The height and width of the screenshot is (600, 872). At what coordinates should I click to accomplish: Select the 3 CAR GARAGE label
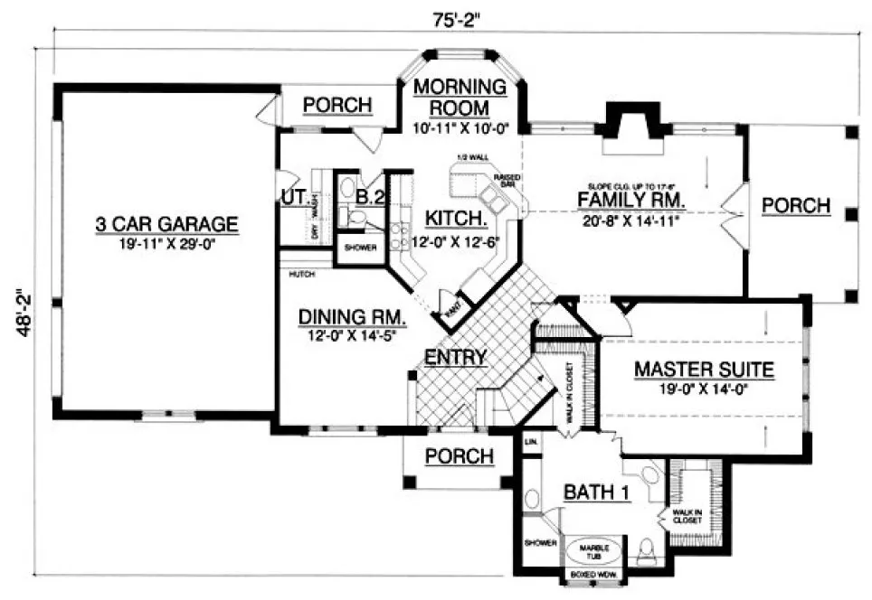pos(166,223)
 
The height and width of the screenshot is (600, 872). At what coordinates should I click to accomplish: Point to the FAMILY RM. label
pos(631,200)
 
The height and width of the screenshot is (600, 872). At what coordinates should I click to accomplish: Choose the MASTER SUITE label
pos(703,369)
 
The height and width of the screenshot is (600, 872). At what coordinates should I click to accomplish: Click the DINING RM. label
pos(352,318)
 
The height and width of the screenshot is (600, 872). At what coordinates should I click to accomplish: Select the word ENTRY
pos(456,357)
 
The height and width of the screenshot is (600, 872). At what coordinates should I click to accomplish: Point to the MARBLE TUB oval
pos(594,550)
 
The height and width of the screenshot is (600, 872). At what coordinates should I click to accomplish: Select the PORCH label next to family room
pos(795,205)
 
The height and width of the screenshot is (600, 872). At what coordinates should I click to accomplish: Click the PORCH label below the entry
pos(460,455)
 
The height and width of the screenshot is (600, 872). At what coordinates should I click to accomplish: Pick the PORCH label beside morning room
pos(336,106)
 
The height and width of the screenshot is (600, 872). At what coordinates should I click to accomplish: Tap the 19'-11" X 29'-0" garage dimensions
pos(166,241)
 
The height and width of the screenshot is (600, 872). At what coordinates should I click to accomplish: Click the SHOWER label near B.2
pos(359,247)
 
